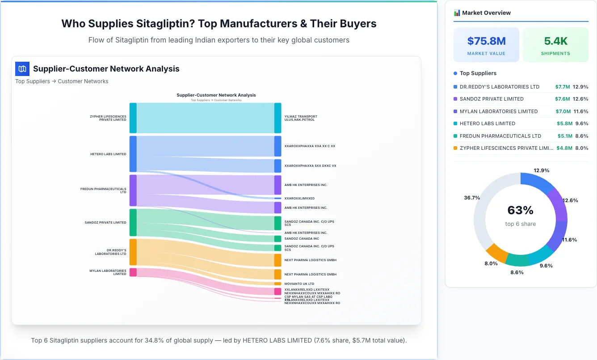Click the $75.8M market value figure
tap(486, 41)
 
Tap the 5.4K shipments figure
tap(555, 41)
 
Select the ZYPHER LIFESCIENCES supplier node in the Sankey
tap(133, 118)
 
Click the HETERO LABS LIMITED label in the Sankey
tap(108, 154)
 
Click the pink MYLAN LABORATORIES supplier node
tap(133, 272)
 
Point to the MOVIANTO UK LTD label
tap(299, 284)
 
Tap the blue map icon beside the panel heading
tap(22, 69)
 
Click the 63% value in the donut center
tap(521, 210)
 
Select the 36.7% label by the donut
tap(472, 198)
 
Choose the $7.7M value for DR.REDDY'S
tap(563, 87)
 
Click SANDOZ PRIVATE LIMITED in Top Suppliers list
tap(492, 99)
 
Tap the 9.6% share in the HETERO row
tap(581, 123)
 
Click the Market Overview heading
tap(486, 13)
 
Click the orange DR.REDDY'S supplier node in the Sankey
tap(133, 252)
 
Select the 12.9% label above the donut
tap(541, 171)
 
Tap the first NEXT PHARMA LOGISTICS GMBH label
tap(311, 260)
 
